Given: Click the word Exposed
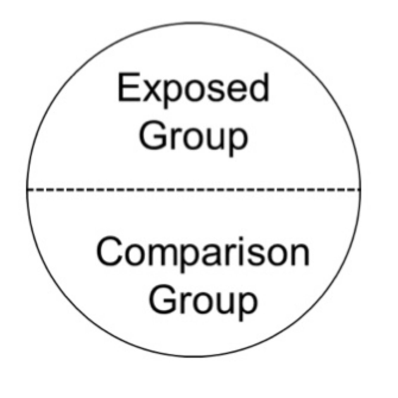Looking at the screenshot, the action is pos(193,89).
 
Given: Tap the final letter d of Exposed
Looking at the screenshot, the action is pos(260,87).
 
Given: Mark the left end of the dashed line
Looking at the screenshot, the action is pos(27,189).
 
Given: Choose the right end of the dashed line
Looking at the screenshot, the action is pos(360,189).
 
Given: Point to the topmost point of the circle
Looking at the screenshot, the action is pos(194,22).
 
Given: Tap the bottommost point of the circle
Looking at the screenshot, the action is pos(194,357).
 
